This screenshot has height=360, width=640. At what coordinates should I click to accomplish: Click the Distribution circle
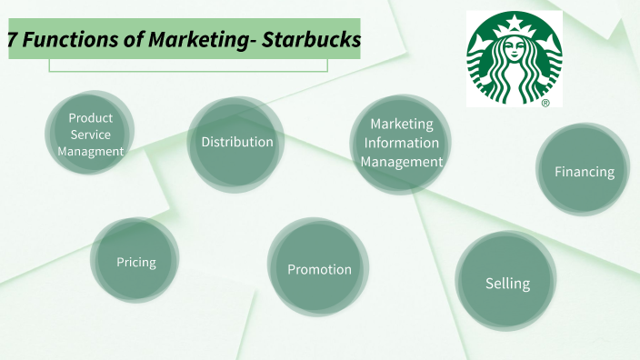(235, 143)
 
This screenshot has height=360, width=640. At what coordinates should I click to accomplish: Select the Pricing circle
(135, 262)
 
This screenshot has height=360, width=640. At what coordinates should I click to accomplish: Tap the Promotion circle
(318, 269)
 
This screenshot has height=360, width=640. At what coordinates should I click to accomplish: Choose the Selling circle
(506, 283)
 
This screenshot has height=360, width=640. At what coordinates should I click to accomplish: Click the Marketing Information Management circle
(401, 144)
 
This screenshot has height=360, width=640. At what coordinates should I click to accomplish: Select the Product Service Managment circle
(90, 135)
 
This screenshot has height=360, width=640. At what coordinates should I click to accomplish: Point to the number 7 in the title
(12, 40)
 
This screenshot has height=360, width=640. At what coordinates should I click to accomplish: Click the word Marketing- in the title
(200, 40)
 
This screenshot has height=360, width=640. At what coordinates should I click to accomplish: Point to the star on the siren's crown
(515, 22)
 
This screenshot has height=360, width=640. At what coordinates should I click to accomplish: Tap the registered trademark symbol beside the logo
(545, 104)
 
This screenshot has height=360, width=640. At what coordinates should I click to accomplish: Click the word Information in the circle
(402, 143)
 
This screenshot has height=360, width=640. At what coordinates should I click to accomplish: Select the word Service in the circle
(90, 135)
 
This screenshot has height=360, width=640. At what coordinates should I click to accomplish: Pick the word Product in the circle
(90, 118)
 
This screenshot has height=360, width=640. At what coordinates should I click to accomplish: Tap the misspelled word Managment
(90, 152)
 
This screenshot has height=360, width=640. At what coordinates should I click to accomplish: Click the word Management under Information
(402, 162)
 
